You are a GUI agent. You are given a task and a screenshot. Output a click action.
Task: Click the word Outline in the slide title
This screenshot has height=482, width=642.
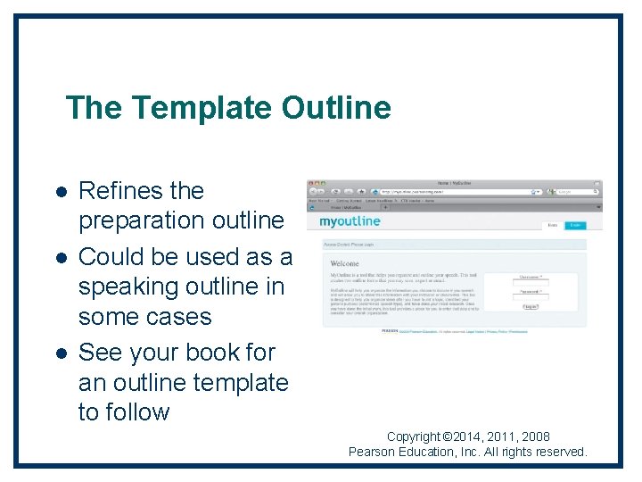point(336,108)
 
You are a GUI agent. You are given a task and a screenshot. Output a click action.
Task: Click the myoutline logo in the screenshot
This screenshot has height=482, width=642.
point(350,221)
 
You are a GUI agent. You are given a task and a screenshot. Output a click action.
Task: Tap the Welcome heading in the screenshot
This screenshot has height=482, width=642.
point(345,263)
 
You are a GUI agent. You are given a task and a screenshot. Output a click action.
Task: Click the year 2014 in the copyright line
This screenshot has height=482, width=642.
point(471,436)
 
